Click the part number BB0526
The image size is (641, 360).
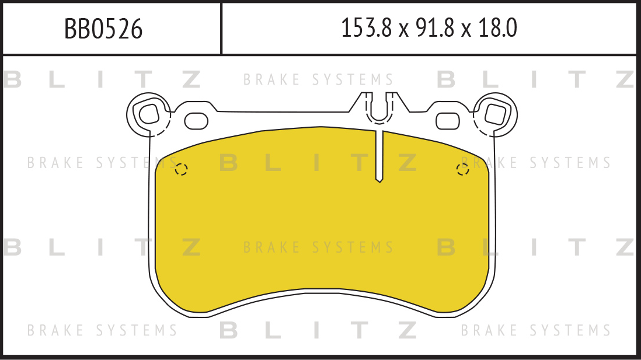[103, 29]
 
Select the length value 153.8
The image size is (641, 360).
[366, 28]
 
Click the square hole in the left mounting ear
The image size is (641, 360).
[149, 114]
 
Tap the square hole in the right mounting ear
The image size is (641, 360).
[495, 114]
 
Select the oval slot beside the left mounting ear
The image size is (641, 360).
[196, 121]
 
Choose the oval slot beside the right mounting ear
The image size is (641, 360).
[448, 121]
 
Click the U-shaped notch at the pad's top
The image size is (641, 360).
[379, 107]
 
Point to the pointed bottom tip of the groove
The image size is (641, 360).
[379, 182]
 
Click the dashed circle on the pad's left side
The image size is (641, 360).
[181, 169]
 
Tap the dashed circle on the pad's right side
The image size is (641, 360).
[462, 169]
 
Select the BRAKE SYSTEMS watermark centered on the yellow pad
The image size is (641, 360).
[318, 247]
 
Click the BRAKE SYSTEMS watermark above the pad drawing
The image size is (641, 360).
[318, 79]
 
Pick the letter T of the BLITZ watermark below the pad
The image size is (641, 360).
[360, 330]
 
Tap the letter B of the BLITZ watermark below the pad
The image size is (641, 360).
[228, 330]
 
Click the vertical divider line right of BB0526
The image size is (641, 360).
[221, 29]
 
